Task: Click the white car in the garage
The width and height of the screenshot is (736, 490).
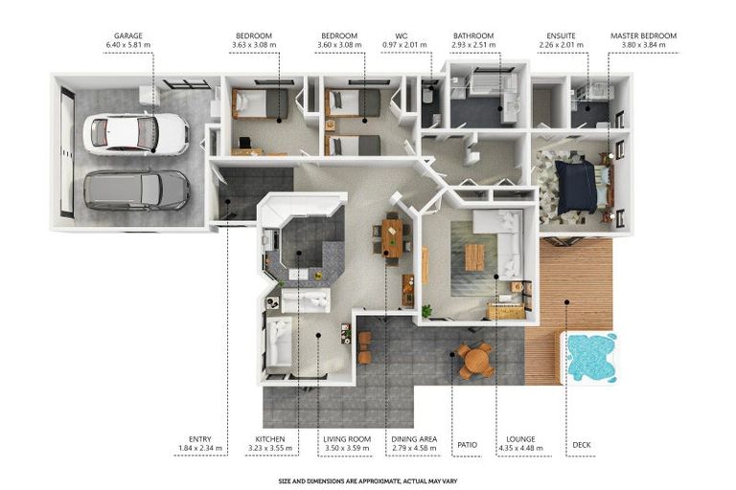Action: [136, 134]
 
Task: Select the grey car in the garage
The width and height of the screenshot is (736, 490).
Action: [137, 189]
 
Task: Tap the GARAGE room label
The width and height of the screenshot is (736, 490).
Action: [128, 35]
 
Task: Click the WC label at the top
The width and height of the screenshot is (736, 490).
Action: [402, 35]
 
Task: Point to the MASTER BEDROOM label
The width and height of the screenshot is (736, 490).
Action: [644, 35]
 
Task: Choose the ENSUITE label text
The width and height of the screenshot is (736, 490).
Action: [561, 35]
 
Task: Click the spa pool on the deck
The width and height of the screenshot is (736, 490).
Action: [590, 356]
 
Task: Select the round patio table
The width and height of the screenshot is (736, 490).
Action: [475, 360]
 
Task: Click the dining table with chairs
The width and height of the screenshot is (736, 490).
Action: [391, 238]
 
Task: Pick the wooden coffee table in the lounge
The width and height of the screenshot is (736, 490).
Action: [474, 257]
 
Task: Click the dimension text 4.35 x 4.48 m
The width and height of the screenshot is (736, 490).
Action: [520, 448]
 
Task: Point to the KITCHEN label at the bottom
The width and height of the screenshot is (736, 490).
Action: [270, 439]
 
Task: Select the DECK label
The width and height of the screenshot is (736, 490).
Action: [582, 444]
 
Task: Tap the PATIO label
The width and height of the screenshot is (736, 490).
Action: [467, 444]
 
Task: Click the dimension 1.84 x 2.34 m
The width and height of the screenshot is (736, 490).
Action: [200, 448]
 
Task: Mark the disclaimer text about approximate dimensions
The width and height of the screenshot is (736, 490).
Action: [368, 481]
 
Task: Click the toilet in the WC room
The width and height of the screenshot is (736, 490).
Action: [427, 95]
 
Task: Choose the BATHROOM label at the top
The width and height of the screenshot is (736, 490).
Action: [473, 35]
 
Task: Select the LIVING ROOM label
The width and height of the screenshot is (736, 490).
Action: [347, 439]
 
